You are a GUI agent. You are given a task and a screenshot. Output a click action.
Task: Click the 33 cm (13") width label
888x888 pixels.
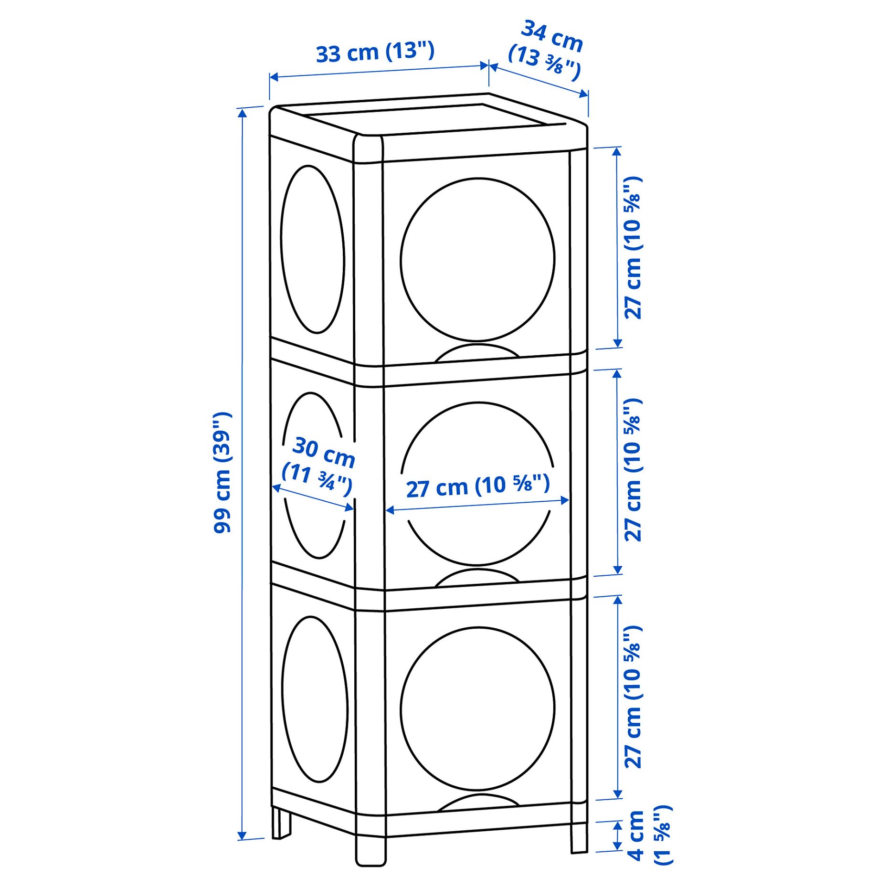point(375,52)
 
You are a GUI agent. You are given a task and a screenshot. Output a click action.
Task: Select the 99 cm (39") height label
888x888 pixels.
point(222,472)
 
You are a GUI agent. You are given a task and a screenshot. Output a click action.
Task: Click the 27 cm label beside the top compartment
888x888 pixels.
point(633,248)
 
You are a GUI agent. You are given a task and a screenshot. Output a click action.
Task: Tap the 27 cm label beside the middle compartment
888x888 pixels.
point(633,470)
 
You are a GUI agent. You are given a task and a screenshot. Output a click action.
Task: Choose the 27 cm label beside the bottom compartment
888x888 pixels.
point(633,697)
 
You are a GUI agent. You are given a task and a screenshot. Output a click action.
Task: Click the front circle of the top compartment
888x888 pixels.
point(477,260)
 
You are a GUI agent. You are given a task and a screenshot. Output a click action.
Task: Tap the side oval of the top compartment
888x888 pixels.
point(313,249)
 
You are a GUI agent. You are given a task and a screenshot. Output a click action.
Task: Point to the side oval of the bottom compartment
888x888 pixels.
point(315,699)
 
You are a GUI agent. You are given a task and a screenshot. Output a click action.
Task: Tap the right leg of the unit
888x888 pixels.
point(579,836)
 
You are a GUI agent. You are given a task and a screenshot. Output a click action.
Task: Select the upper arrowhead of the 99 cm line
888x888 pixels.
point(243,113)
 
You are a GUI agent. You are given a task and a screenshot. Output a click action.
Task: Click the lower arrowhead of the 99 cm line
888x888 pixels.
point(242,835)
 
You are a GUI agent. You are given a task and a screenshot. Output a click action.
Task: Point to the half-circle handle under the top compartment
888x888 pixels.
point(477,352)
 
